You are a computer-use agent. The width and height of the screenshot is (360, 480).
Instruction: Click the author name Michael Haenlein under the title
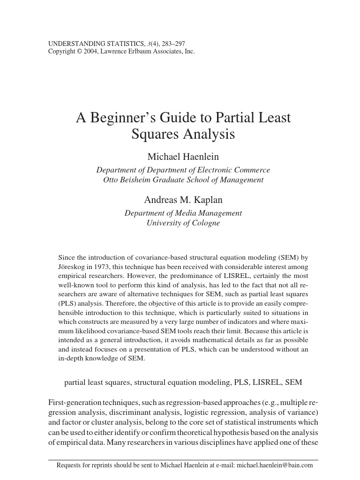click(183, 157)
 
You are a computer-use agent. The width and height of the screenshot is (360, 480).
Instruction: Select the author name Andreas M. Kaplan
click(183, 200)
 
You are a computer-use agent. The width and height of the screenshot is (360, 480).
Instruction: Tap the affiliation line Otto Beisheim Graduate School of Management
click(183, 180)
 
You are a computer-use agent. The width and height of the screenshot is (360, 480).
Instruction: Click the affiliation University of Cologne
click(183, 223)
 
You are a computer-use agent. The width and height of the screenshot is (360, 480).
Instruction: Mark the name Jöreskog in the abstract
click(72, 267)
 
